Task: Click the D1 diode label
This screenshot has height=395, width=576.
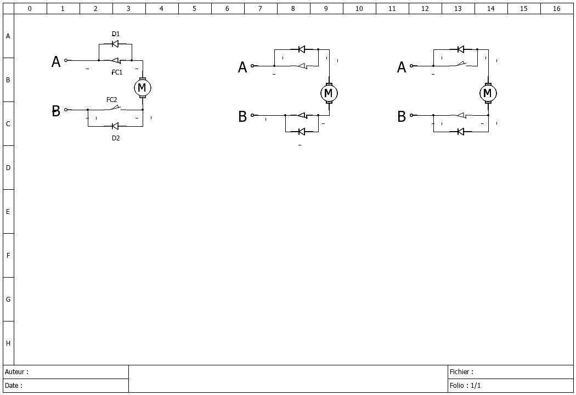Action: (x=116, y=34)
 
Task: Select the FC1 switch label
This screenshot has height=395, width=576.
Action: (x=117, y=72)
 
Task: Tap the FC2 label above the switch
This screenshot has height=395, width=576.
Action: (x=112, y=100)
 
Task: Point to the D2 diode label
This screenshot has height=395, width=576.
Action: (x=116, y=138)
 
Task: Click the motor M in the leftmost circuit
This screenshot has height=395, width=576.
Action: (x=142, y=88)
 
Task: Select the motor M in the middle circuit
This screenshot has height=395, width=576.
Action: (x=329, y=93)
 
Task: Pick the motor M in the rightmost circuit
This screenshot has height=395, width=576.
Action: (x=488, y=93)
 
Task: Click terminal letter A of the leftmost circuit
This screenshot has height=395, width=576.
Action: (x=56, y=62)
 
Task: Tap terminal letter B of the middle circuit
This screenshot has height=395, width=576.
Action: (x=242, y=116)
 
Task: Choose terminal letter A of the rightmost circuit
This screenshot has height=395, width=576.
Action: (x=402, y=67)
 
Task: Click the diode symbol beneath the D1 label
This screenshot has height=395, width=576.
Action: (x=115, y=44)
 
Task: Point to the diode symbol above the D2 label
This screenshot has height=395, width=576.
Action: (x=115, y=126)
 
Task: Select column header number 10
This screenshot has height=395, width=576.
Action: (x=359, y=8)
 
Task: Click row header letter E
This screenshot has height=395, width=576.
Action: (x=8, y=212)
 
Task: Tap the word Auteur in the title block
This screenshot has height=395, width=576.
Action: (x=15, y=372)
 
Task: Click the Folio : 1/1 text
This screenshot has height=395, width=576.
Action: (x=465, y=386)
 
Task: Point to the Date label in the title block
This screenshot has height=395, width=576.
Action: (x=12, y=386)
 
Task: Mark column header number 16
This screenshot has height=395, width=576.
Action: (x=557, y=8)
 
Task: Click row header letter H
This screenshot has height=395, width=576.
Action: (x=8, y=343)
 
